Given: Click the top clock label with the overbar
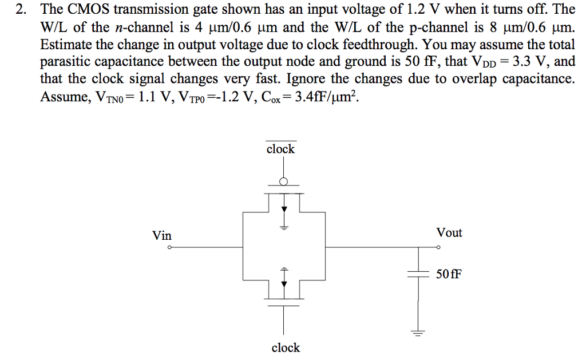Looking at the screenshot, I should (280, 149).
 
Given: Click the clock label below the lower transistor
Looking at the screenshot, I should (285, 347).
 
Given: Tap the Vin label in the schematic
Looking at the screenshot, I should (161, 235).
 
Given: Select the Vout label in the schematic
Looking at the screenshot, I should (449, 233).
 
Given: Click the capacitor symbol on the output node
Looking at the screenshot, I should (418, 274).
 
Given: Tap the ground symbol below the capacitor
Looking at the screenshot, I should (418, 333).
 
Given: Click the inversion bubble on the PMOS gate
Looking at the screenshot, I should (282, 182).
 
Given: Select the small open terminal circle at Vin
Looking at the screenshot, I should (169, 248).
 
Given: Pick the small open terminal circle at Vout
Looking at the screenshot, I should (438, 248).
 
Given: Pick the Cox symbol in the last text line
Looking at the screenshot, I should (266, 96).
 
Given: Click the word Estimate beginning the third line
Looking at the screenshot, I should (64, 44).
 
